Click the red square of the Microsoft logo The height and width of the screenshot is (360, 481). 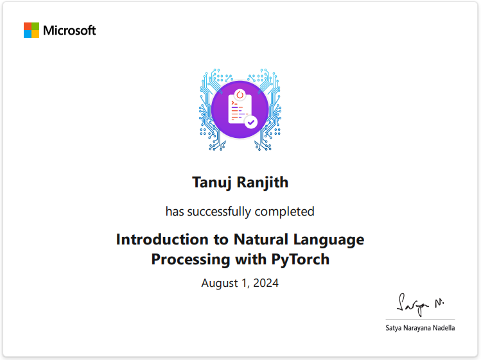28,26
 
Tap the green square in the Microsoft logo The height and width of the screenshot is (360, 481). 35,26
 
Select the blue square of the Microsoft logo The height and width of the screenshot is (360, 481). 28,34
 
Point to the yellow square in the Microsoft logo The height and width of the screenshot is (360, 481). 35,34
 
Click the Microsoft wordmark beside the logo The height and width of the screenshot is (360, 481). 69,30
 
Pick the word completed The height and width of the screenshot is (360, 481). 284,211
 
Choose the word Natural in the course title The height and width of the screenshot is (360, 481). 258,239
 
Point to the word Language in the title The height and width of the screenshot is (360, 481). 328,240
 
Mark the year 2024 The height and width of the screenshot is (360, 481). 266,283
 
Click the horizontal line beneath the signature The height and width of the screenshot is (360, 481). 420,320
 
